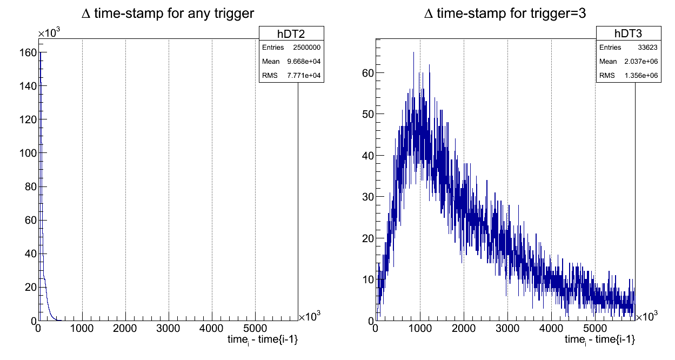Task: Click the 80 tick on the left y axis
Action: (x=31, y=187)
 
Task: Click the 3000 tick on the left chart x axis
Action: (x=169, y=328)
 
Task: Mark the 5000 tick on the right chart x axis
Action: (x=594, y=328)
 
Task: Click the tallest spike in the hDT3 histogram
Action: (x=413, y=53)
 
